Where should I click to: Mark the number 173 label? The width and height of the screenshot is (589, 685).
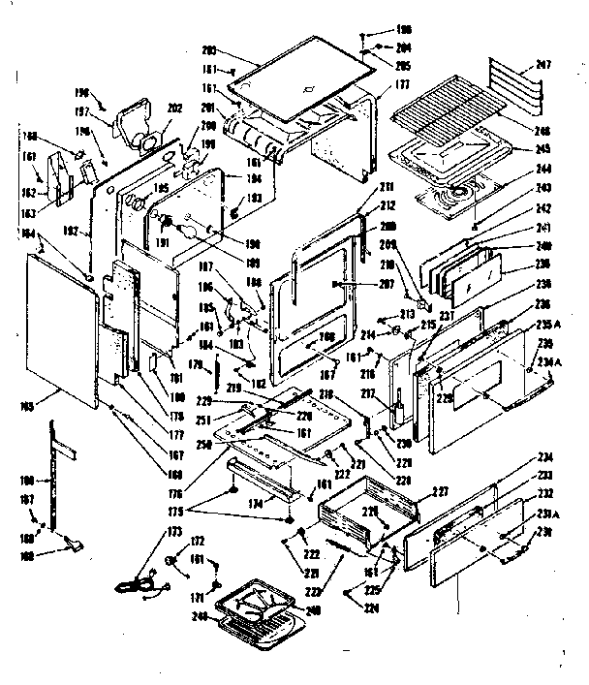coord(174,532)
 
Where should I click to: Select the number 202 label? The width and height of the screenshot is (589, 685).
coord(176,108)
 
